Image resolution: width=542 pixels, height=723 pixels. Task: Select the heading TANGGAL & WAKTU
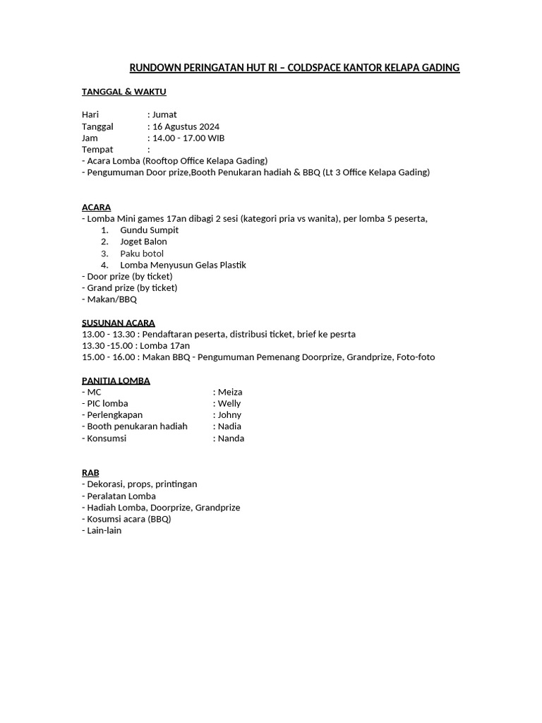124,92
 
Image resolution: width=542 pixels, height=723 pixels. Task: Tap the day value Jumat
164,114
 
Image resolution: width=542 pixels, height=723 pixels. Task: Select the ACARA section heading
96,207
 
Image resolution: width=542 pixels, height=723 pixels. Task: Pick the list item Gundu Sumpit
149,230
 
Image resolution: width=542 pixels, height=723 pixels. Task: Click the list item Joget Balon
143,241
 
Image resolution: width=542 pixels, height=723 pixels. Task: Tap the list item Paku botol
142,253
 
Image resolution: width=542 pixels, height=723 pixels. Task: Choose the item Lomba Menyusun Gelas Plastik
183,265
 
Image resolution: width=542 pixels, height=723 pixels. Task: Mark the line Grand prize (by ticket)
132,287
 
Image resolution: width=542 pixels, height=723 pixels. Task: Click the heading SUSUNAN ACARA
118,323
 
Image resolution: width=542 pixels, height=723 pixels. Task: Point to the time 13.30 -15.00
108,345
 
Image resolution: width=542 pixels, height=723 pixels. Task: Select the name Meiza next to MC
230,392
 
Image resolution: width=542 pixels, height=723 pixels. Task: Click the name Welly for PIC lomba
229,403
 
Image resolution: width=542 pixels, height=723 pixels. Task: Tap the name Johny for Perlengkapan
229,414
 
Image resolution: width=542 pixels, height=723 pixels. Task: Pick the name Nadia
229,426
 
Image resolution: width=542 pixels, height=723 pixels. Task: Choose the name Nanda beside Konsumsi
231,438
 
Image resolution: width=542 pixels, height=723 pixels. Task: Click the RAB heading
90,472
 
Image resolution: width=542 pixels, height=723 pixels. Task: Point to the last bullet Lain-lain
104,530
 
